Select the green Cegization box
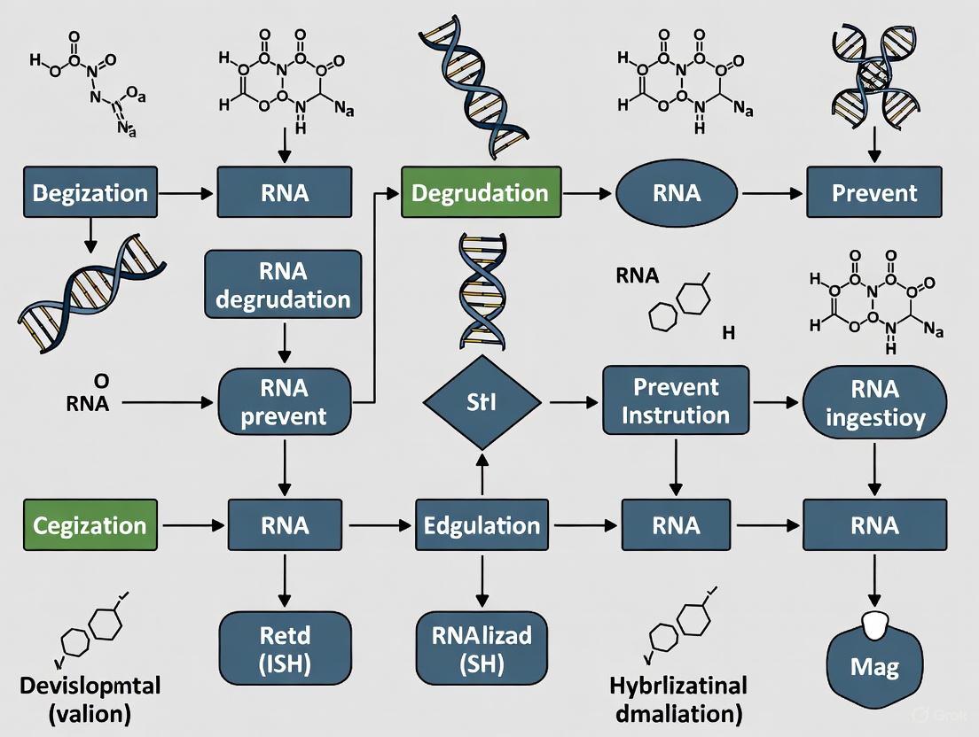pos(90,524)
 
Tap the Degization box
pos(90,192)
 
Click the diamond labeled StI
pos(482,401)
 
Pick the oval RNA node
pos(677,192)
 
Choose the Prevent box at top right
pos(874,192)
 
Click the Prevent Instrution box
pos(676,401)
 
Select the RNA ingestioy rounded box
pos(874,401)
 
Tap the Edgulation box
pos(482,524)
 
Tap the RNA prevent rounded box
pos(284,401)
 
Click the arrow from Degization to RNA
pos(187,192)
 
